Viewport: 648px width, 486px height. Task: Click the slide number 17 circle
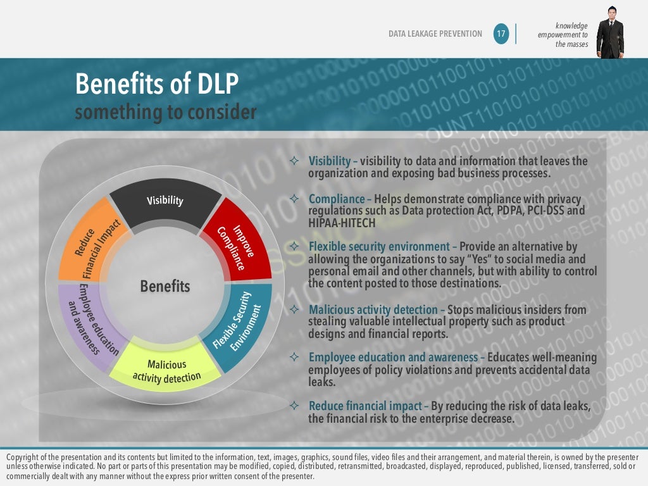click(x=501, y=34)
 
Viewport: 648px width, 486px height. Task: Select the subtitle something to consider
click(x=166, y=113)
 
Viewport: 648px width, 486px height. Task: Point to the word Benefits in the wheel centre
click(x=165, y=286)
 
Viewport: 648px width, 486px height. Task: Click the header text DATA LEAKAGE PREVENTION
click(x=435, y=34)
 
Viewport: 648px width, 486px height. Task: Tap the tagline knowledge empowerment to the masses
click(x=563, y=35)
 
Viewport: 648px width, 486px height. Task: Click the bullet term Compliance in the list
click(x=336, y=199)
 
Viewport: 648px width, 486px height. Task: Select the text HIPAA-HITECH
click(x=342, y=223)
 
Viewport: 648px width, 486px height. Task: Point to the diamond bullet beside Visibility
click(x=294, y=161)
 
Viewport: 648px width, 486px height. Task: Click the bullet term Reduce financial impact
click(x=365, y=406)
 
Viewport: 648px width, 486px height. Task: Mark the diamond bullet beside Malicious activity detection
click(x=294, y=310)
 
